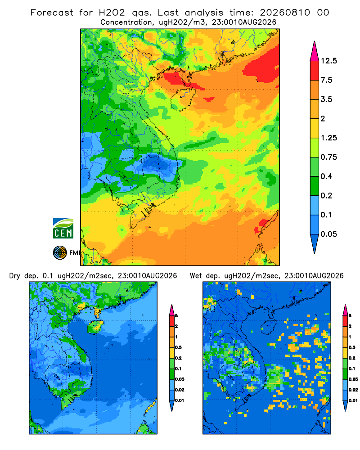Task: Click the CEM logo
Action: [63, 229]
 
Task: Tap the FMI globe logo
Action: [60, 253]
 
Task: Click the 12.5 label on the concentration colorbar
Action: [329, 61]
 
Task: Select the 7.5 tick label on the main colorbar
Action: [327, 80]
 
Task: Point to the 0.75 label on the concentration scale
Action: [329, 157]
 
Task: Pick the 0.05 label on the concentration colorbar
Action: [329, 234]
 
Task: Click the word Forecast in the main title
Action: [52, 13]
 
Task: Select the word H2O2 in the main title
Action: [112, 13]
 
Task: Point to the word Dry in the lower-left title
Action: [15, 276]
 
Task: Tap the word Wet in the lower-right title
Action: [196, 276]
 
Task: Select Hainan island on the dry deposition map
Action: [95, 327]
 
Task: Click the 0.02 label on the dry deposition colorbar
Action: [180, 390]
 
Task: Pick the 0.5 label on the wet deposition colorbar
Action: [351, 347]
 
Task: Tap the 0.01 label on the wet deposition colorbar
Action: [353, 400]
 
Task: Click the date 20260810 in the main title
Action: [285, 13]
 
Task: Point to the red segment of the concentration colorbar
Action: [315, 71]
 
